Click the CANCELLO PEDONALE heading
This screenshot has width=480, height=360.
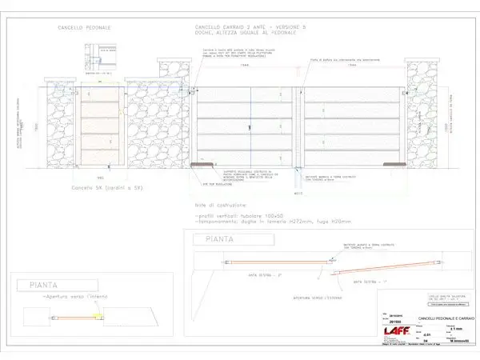(85, 28)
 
